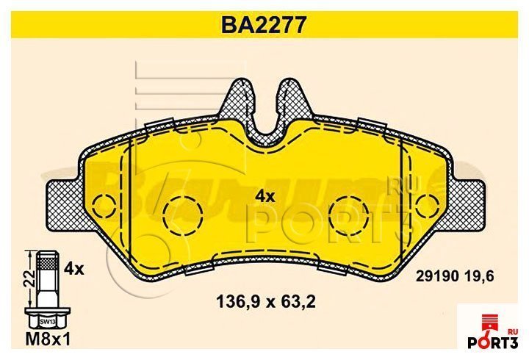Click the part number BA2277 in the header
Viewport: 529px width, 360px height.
(x=264, y=26)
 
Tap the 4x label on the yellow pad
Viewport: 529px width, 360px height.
(x=264, y=196)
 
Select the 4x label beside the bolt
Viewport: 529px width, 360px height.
(x=75, y=269)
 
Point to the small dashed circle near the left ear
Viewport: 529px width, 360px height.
(x=104, y=201)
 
